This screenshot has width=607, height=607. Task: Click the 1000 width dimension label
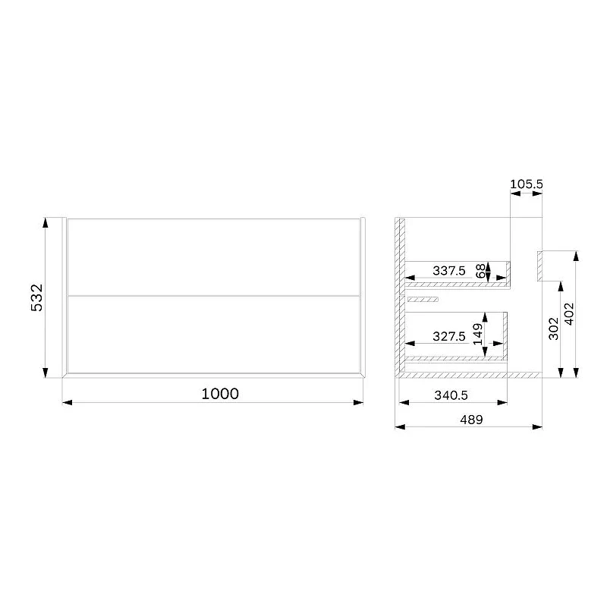[x=220, y=394]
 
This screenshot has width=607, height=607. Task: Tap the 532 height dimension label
[x=37, y=297]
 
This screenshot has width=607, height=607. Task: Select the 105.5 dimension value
[x=526, y=184]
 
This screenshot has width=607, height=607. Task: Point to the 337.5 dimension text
[x=449, y=271]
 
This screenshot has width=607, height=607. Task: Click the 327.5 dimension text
[x=449, y=336]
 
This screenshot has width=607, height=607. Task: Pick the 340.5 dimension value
[x=451, y=395]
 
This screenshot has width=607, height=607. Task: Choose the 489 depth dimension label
[x=471, y=420]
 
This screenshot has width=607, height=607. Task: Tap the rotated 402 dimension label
[x=570, y=314]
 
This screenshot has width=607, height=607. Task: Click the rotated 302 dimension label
[x=554, y=329]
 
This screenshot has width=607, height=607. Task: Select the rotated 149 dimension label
[x=478, y=334]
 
